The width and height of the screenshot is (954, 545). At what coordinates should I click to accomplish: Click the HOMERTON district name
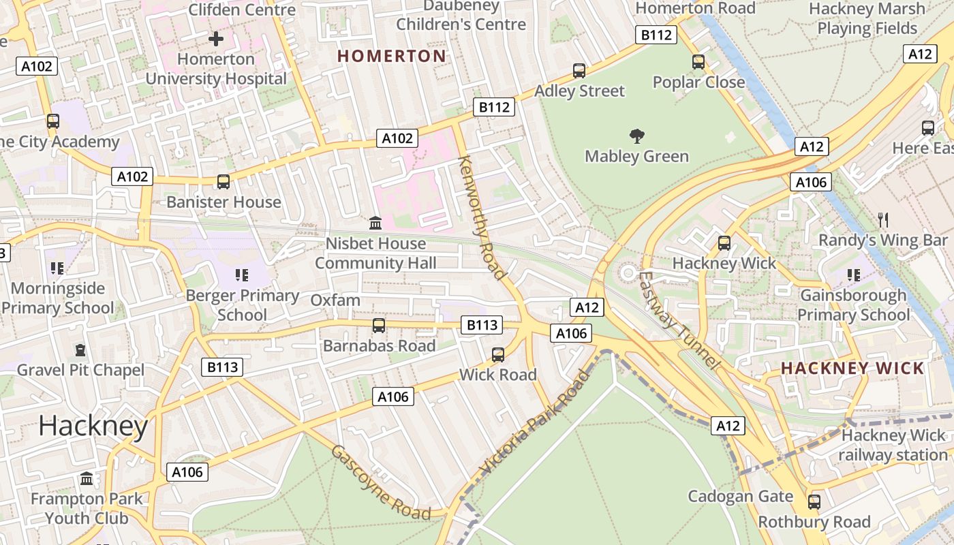[x=392, y=56]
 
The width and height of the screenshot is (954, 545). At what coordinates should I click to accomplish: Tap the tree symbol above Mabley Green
[x=637, y=136]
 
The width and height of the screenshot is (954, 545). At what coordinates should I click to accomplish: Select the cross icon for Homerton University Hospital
[x=216, y=39]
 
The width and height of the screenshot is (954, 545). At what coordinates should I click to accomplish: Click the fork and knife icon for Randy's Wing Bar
[x=883, y=219]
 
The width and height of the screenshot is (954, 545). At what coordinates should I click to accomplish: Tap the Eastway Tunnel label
[x=679, y=320]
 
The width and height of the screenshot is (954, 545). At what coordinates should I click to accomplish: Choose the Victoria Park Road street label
[x=535, y=424]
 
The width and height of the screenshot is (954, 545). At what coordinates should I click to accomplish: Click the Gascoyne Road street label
[x=381, y=482]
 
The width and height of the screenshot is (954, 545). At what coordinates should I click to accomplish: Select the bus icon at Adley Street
[x=579, y=70]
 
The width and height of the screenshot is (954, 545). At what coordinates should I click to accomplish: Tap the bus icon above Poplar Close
[x=698, y=62]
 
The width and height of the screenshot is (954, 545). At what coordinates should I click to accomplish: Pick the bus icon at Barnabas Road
[x=379, y=326]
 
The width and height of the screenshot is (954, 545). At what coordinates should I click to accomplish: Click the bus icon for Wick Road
[x=498, y=355]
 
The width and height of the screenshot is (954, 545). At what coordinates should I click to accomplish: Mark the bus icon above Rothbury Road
[x=814, y=502]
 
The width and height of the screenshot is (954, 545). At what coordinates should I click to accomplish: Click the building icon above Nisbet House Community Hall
[x=375, y=223]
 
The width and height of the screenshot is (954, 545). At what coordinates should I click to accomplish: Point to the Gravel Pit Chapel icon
[x=80, y=350]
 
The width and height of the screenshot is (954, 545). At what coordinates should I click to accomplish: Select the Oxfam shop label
[x=335, y=300]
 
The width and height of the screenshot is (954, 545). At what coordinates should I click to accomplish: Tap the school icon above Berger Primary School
[x=242, y=275]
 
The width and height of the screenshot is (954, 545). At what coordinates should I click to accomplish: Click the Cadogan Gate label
[x=741, y=496]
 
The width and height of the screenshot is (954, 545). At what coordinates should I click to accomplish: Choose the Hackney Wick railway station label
[x=893, y=445]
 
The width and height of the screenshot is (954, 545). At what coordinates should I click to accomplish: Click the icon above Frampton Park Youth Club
[x=87, y=478]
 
